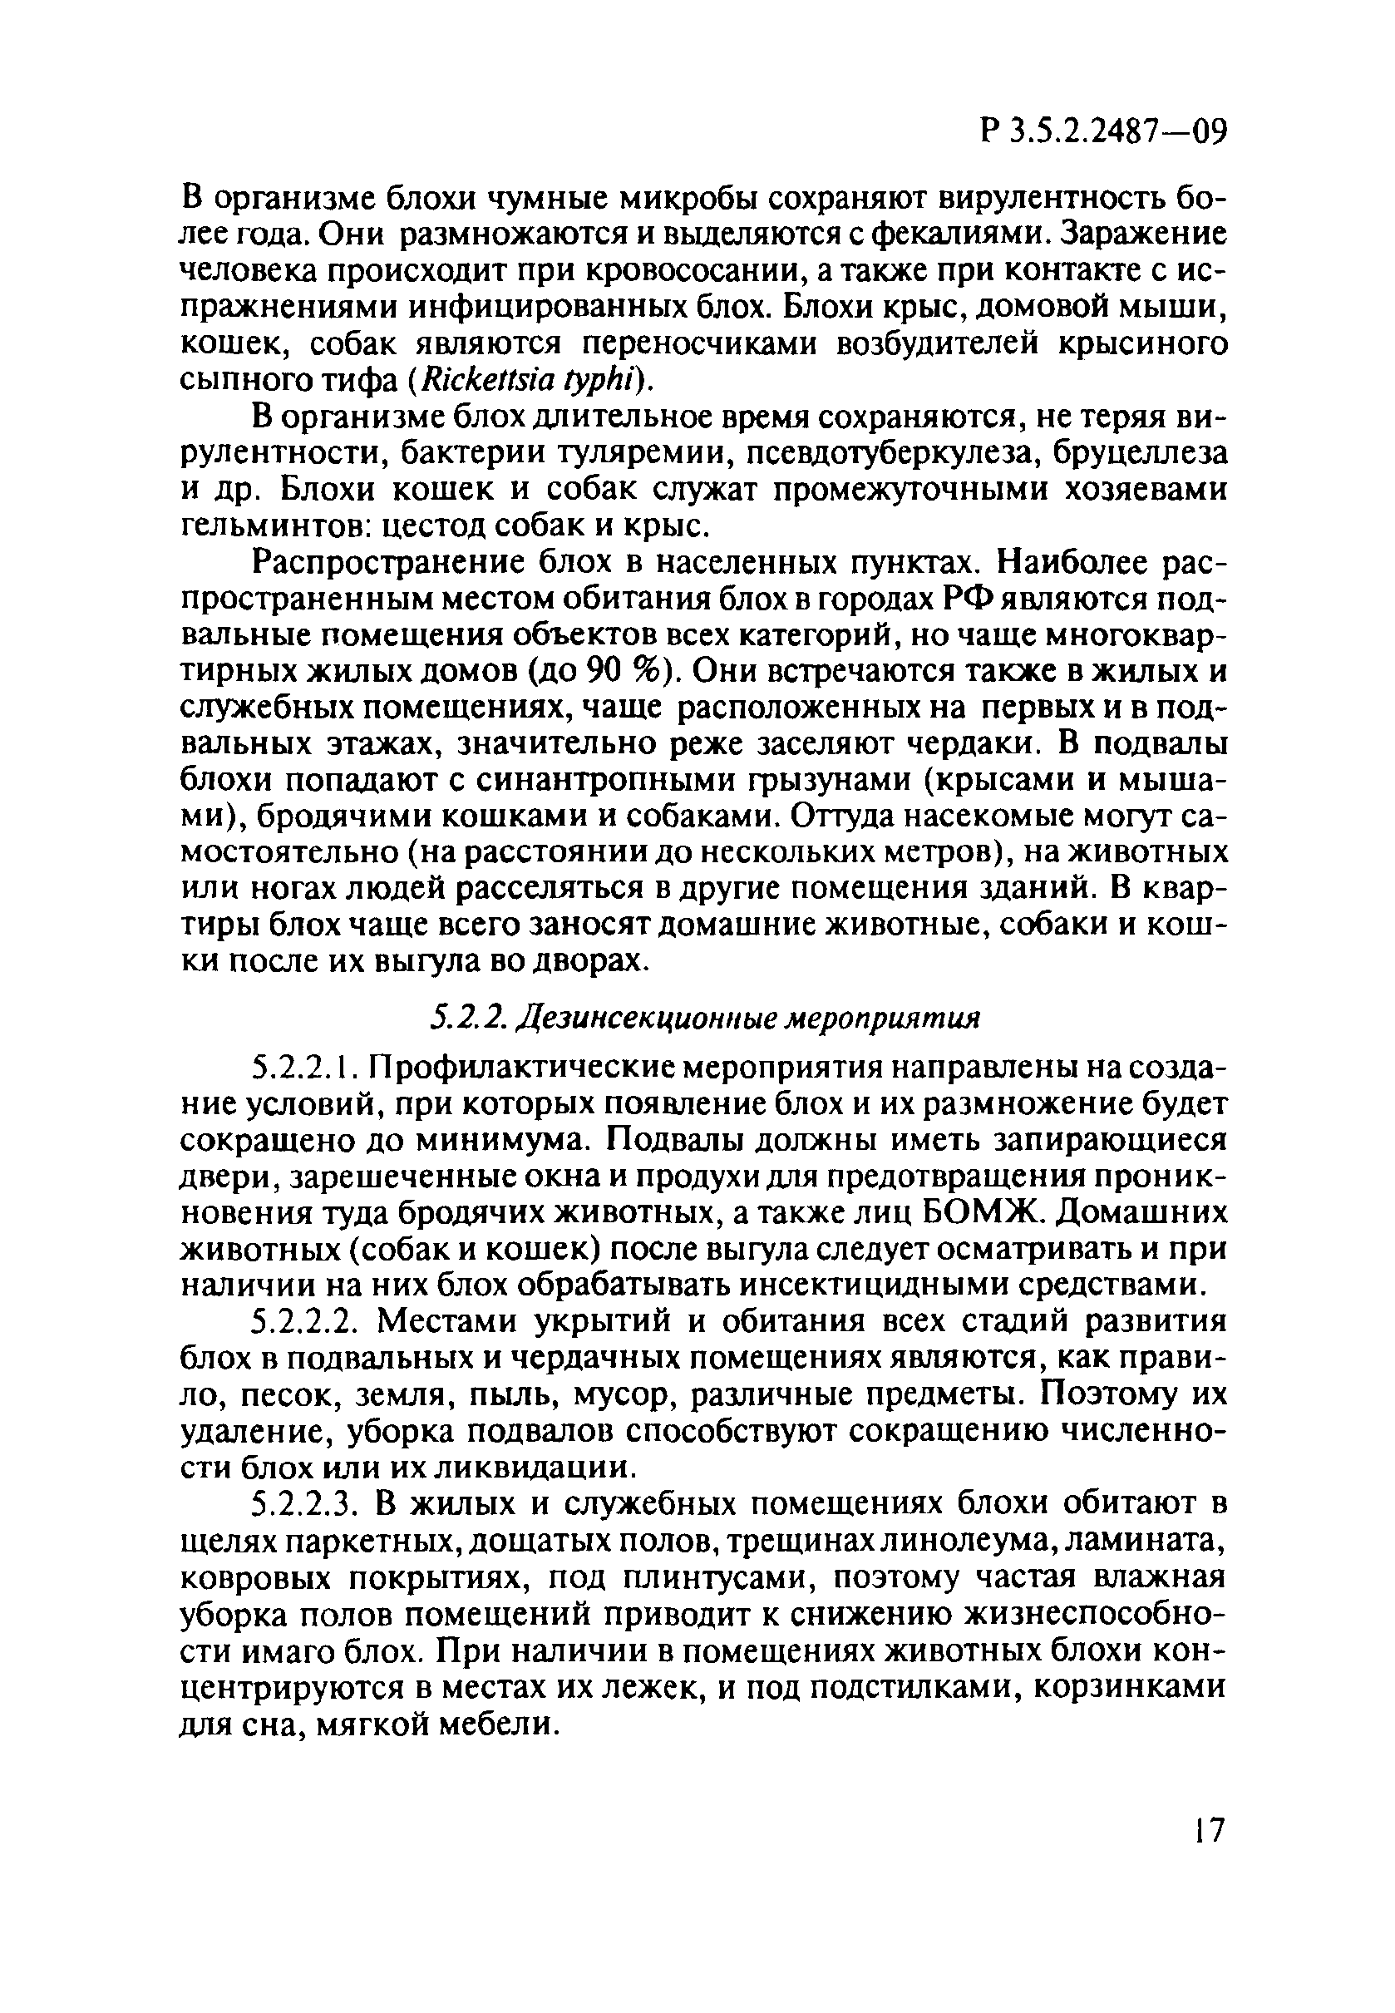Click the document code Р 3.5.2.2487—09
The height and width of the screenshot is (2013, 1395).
[1104, 132]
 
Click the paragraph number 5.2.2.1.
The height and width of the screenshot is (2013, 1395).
[305, 1068]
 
